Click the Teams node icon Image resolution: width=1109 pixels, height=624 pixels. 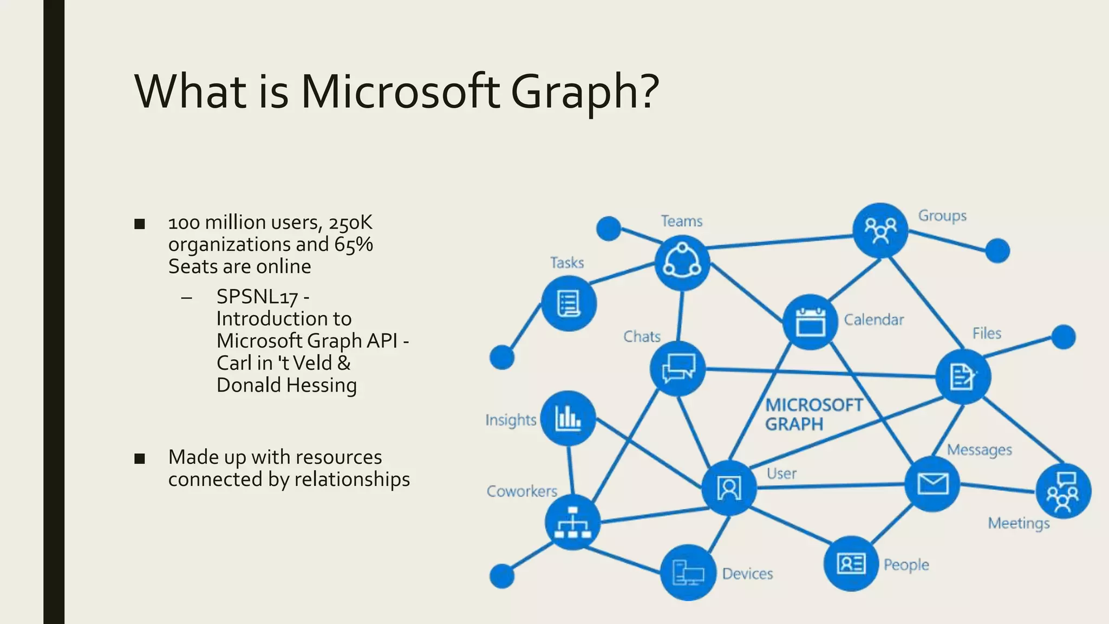coord(682,263)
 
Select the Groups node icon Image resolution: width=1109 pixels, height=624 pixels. coord(880,230)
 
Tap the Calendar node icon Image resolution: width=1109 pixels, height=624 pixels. coord(810,322)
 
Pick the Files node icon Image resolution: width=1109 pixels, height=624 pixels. coord(963,376)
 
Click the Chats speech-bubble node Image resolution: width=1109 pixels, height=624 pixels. coord(677,368)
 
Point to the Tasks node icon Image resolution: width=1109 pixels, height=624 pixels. coord(569,303)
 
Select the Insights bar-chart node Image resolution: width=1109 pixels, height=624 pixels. coord(568,418)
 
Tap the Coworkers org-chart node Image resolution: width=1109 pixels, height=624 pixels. coord(572,522)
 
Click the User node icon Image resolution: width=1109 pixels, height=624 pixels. coord(729,488)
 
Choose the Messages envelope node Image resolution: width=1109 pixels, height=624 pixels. coord(932,484)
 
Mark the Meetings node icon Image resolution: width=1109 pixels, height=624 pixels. coord(1063,491)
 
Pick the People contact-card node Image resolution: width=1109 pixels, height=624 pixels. coord(851,563)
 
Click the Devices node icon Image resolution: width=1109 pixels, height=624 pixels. coord(688,573)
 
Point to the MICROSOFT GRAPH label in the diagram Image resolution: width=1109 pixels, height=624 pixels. coord(813,414)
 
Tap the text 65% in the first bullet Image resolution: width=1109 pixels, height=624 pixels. coord(354,245)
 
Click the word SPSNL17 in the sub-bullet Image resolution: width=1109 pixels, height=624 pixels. coord(257,297)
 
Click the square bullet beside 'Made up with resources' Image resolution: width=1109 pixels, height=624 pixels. coord(140,458)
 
